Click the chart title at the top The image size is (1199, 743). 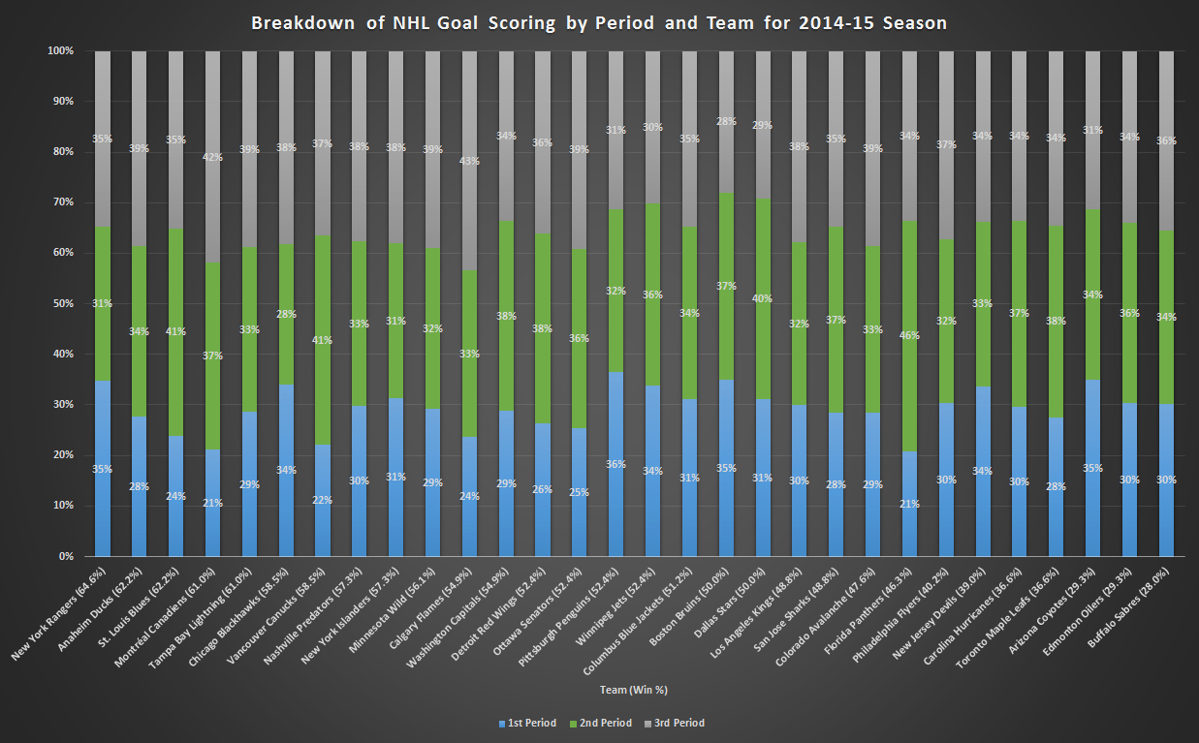(599, 23)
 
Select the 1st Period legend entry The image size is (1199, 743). (527, 723)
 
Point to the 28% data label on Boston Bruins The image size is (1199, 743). (726, 122)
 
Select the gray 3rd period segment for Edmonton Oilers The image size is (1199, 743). (1129, 137)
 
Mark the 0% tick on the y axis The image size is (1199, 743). (64, 556)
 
